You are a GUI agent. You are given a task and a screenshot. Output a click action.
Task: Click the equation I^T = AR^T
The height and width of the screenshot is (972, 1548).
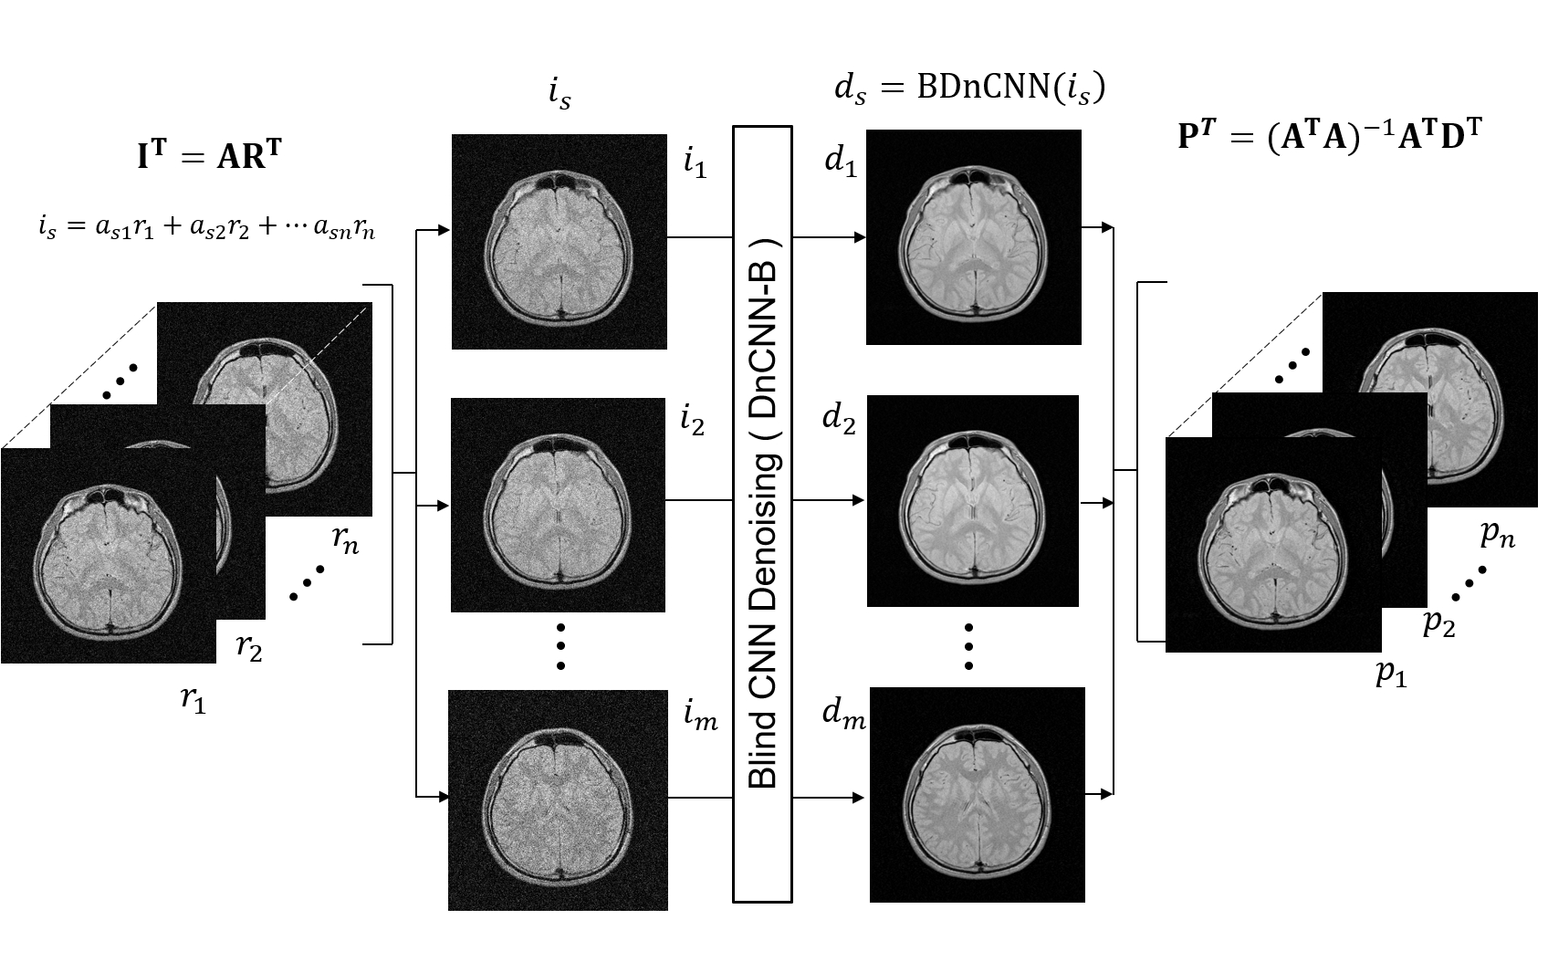click(x=209, y=157)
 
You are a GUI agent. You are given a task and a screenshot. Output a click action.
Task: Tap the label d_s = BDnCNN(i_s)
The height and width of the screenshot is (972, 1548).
click(x=969, y=88)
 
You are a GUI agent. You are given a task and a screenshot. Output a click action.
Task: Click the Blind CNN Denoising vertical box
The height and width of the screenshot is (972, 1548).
click(x=762, y=515)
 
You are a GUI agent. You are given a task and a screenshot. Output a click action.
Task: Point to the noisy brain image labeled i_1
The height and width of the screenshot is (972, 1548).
click(x=559, y=242)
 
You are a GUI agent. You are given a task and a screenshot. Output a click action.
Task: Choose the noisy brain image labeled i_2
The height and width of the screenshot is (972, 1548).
click(x=558, y=505)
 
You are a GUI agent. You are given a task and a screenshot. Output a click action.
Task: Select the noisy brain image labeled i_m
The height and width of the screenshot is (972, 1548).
click(x=558, y=800)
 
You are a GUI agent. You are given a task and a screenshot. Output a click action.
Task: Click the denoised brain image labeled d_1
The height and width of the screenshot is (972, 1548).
click(x=973, y=237)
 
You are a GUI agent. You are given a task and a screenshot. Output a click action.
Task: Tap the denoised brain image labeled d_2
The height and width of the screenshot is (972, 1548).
click(x=972, y=501)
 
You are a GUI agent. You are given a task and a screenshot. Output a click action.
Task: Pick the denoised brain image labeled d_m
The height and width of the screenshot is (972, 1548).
click(x=977, y=795)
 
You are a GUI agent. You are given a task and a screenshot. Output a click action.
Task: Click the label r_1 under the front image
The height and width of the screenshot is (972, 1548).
click(x=193, y=699)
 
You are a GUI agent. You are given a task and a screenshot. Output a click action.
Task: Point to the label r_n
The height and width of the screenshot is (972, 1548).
click(x=345, y=542)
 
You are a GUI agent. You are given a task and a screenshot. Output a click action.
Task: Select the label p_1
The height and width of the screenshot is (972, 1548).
click(x=1391, y=674)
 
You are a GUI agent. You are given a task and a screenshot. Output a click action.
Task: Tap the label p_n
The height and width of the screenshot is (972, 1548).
click(x=1497, y=534)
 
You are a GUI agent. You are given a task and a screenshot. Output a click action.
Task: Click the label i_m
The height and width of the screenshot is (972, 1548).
click(x=700, y=719)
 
